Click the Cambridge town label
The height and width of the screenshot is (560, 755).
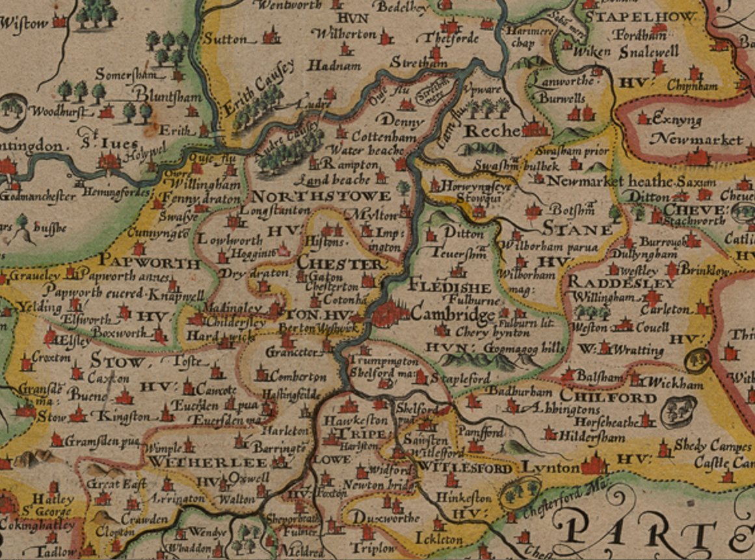click(453, 315)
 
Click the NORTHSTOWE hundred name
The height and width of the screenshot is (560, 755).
click(321, 196)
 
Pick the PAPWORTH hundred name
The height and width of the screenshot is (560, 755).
click(150, 263)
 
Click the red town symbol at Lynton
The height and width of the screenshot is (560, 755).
click(593, 464)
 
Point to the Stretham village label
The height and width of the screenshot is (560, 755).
click(419, 63)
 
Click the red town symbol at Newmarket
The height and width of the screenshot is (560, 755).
click(698, 157)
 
